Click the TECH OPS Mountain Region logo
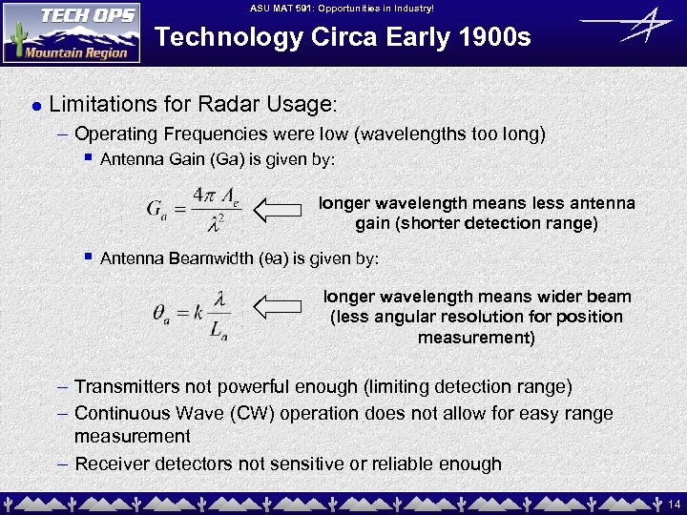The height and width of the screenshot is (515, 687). click(72, 31)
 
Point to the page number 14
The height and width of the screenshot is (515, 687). click(674, 503)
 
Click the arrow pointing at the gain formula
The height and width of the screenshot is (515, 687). click(283, 206)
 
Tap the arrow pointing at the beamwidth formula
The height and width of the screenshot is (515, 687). click(283, 306)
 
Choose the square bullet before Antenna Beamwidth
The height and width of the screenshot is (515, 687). click(88, 257)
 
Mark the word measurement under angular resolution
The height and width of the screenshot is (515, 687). click(476, 338)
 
